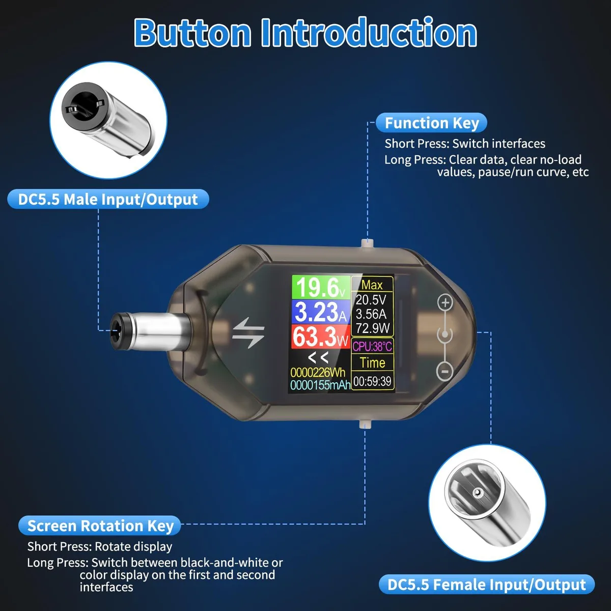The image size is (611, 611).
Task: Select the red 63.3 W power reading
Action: point(321,336)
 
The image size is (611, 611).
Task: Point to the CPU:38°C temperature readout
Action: point(372,346)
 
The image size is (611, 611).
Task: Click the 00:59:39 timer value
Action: point(372,381)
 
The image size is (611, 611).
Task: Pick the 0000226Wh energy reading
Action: point(318,372)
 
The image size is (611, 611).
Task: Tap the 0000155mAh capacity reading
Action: point(320,385)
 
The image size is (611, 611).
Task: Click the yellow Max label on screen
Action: point(372,285)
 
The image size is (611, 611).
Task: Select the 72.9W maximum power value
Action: point(372,328)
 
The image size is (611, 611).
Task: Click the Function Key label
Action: point(432,123)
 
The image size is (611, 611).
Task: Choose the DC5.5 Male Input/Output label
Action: point(108,199)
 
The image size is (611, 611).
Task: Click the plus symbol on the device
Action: point(445,302)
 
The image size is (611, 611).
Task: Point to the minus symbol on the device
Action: point(445,371)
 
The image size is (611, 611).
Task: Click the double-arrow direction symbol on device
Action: point(248,332)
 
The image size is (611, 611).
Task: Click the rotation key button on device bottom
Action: point(365,424)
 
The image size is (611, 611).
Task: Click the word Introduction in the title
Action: point(369,33)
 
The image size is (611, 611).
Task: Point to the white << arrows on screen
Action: point(318,357)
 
